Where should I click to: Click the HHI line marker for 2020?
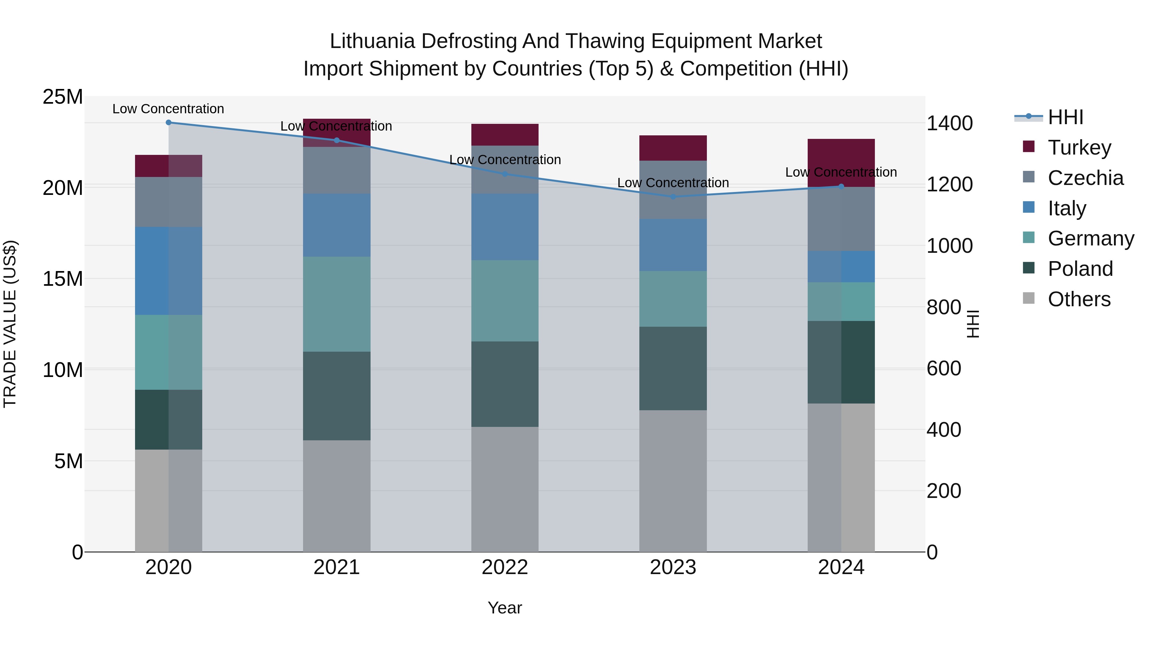click(x=169, y=123)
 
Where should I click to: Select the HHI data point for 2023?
click(x=673, y=196)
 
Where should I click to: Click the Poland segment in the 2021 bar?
click(x=337, y=396)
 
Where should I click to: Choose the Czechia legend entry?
click(x=1085, y=178)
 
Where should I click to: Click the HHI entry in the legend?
click(x=1065, y=117)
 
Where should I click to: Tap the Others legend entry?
click(x=1079, y=299)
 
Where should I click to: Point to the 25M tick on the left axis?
click(x=63, y=97)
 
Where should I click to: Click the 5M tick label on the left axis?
click(x=68, y=461)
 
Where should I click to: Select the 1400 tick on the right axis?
click(x=949, y=124)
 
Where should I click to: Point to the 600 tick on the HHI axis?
click(x=944, y=369)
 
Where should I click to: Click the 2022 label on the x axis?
click(x=505, y=567)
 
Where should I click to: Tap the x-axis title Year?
click(x=505, y=608)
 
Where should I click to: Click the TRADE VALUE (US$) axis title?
click(x=10, y=324)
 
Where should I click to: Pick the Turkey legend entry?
click(x=1079, y=148)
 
